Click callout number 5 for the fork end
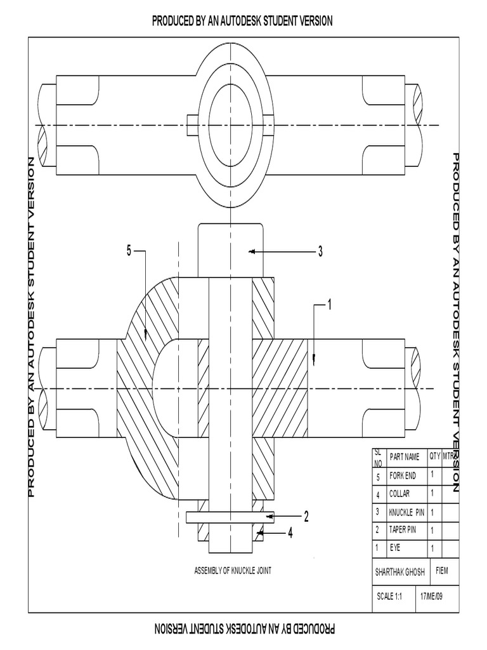pos(129,251)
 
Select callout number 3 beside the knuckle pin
pos(320,252)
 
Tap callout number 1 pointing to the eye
pos(329,305)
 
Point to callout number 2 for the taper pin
pos(306,517)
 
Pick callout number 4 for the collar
pos(290,534)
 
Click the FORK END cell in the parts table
pos(403,476)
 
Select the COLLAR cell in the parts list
pos(399,494)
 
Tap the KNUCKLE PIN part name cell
pos(406,512)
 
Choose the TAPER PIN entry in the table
pos(403,529)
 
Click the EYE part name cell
pos(396,547)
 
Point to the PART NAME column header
pos(405,456)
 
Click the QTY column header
pos(434,456)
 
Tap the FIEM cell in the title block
pos(441,570)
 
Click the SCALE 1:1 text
pos(389,597)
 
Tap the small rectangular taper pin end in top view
pos(193,124)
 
